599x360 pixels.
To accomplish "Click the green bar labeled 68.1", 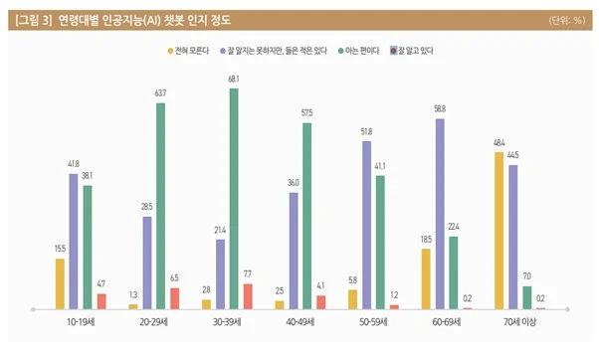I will (x=234, y=198).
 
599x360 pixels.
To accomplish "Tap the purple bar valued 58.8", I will (x=439, y=213).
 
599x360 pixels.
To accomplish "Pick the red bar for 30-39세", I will (x=248, y=295).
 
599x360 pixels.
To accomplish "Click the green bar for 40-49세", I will (x=306, y=215).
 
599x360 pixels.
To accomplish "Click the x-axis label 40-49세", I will (x=299, y=323).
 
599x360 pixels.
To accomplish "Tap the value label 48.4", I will (x=499, y=145).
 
